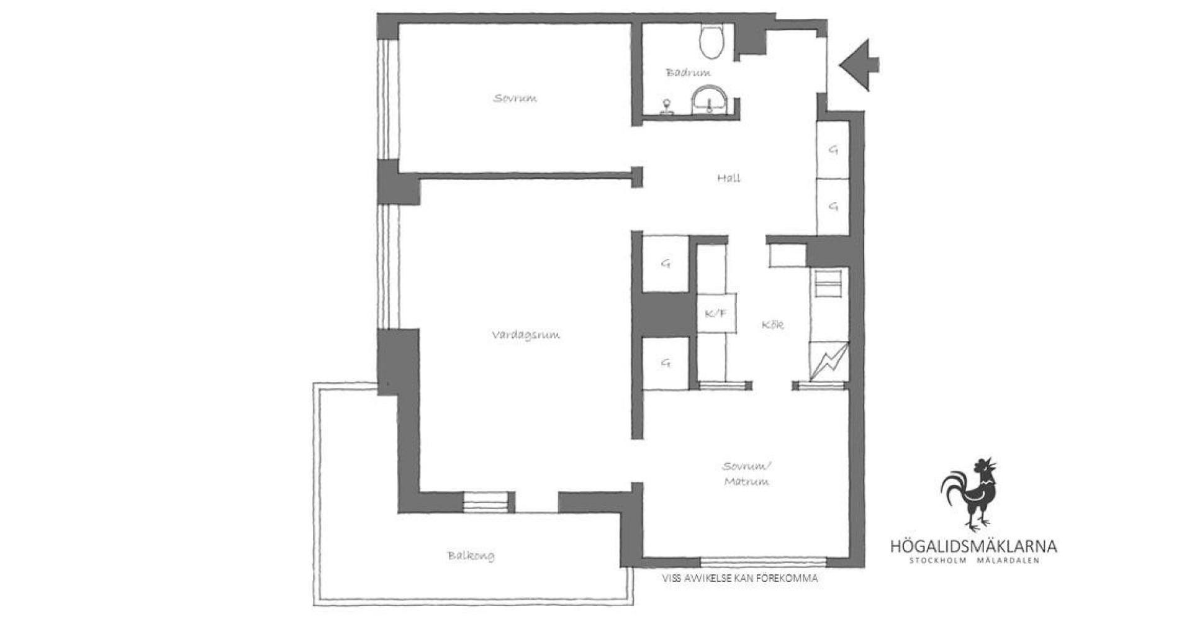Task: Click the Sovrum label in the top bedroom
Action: click(515, 98)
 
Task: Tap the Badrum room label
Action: click(689, 73)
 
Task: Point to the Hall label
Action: click(729, 178)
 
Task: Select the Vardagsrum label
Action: click(526, 335)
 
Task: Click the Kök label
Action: click(772, 325)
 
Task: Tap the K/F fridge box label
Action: click(715, 314)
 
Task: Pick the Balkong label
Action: click(471, 556)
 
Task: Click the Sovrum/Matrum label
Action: click(746, 474)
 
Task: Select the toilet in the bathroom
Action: click(711, 40)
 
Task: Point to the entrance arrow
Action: click(859, 64)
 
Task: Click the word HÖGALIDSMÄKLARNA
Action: click(973, 546)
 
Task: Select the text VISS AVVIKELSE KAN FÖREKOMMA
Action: click(740, 578)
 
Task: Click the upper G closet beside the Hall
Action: click(833, 150)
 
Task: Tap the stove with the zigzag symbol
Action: click(828, 360)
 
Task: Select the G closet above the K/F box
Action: click(666, 264)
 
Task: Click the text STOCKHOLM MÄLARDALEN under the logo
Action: click(973, 561)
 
